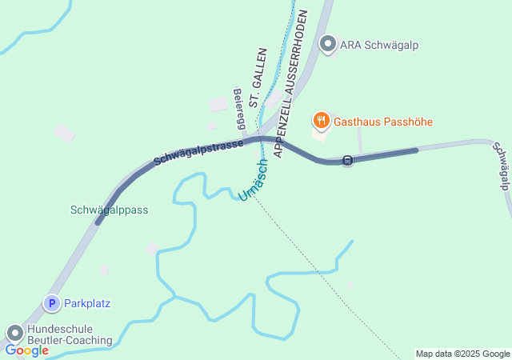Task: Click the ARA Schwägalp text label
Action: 379,45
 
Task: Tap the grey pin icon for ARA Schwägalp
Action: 328,44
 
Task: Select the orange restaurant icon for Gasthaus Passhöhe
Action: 321,121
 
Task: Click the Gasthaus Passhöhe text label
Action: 383,122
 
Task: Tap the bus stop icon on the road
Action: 347,160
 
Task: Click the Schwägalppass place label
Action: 110,210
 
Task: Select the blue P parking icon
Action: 51,303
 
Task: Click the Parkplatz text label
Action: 87,303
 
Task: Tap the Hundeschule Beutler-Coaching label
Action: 70,334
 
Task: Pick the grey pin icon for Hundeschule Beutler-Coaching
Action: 15,332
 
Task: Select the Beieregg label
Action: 239,108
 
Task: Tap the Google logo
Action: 26,350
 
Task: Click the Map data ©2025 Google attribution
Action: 462,354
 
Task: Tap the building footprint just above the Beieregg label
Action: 218,105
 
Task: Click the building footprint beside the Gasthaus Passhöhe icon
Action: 320,134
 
